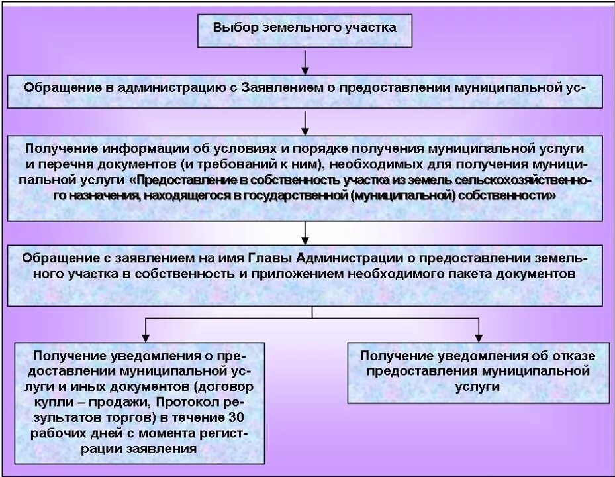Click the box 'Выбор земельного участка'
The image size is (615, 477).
coord(305,29)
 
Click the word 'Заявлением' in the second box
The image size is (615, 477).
coord(279,87)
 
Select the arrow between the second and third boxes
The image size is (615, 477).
coord(305,123)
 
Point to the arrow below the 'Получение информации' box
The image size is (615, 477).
coord(305,233)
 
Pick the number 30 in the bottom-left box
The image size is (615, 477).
coord(235,417)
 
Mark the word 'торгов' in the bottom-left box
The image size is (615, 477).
coord(132,417)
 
